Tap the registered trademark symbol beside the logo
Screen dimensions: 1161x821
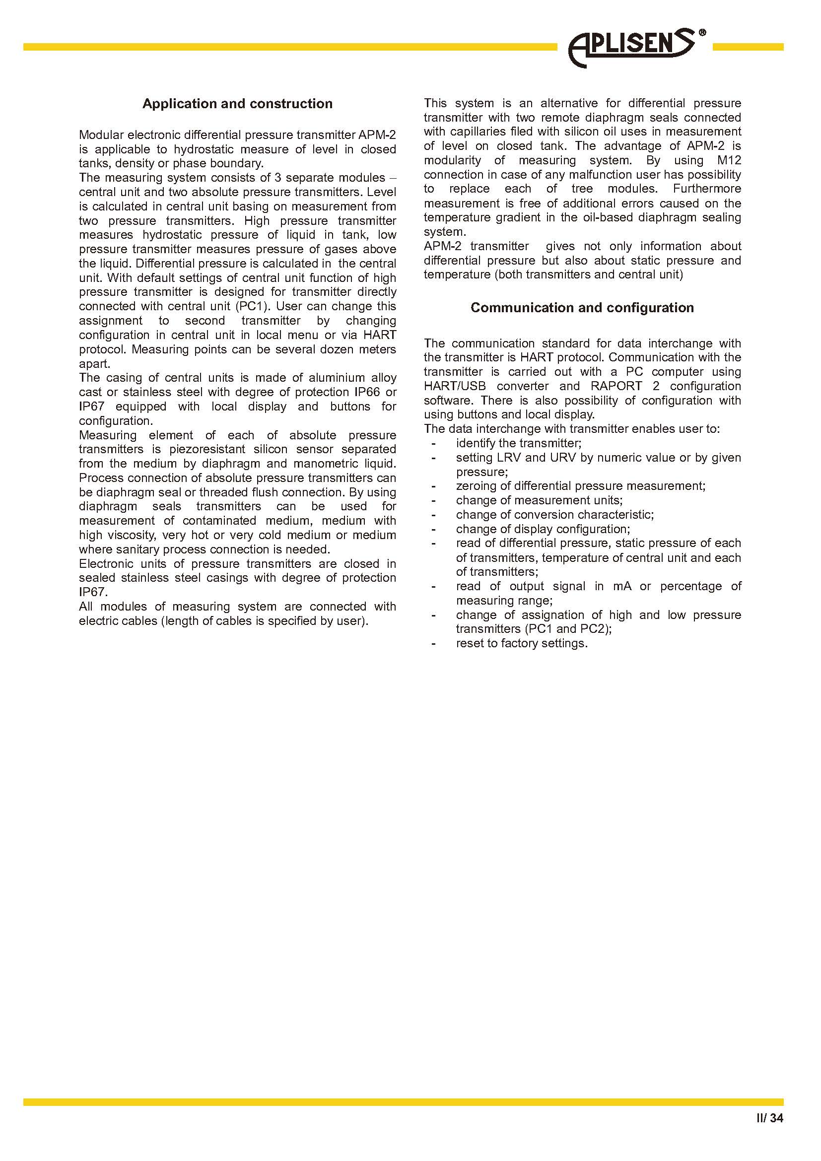click(x=702, y=33)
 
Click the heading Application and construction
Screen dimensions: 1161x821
click(x=237, y=104)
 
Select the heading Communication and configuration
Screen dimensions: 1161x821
click(x=582, y=307)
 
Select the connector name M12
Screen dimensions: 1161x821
click(x=729, y=160)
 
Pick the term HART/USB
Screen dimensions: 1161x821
click(x=455, y=386)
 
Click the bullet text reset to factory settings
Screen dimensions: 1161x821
click(x=522, y=644)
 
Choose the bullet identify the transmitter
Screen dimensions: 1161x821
click(x=519, y=443)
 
